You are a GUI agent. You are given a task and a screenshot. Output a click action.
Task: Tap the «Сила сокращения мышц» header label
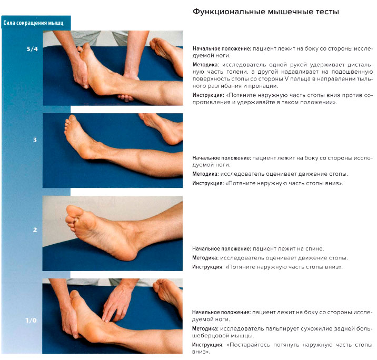click(33, 23)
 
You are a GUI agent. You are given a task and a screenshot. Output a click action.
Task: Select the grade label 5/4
click(32, 49)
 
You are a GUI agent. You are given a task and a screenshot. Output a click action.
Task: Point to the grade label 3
click(35, 140)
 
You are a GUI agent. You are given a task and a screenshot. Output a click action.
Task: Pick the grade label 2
click(35, 230)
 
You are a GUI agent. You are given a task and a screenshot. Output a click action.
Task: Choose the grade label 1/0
click(31, 321)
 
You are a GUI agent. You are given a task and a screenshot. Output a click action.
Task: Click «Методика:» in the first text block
click(206, 65)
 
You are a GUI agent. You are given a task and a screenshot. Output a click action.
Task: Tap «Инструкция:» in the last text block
click(208, 345)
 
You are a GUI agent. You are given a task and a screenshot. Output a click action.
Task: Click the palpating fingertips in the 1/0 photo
click(106, 318)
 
